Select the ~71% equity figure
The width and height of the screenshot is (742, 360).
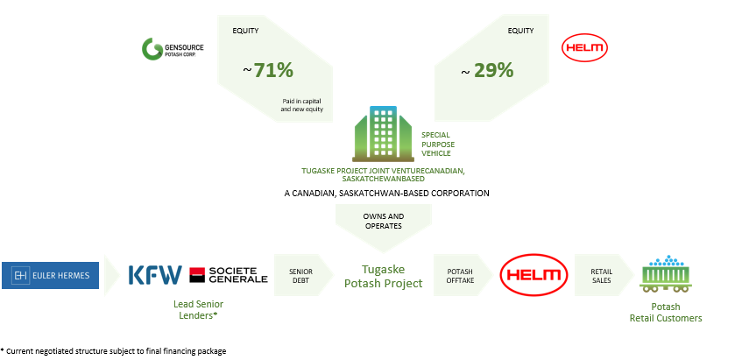268,70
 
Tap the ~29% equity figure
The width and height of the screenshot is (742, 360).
487,70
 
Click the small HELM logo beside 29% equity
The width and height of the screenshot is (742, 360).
584,48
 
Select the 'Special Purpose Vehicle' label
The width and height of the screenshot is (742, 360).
438,145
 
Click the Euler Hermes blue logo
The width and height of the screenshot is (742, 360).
50,275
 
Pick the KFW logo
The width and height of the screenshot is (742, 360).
155,275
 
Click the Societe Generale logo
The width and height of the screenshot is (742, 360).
229,275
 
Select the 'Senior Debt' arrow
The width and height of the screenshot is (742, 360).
303,275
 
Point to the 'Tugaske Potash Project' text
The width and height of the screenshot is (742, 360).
384,276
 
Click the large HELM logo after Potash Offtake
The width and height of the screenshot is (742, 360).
534,275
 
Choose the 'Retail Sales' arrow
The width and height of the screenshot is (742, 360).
604,275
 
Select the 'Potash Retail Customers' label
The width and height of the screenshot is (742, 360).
666,312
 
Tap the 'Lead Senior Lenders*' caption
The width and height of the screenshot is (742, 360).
198,309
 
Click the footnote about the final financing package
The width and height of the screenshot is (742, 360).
114,351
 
